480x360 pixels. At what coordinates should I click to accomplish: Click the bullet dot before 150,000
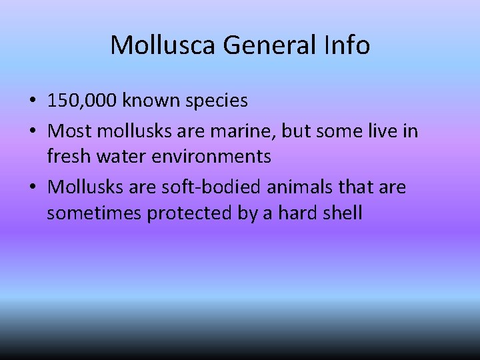tap(32, 101)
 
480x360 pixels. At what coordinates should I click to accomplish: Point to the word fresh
tap(67, 157)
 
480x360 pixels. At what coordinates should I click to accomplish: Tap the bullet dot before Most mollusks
tap(32, 131)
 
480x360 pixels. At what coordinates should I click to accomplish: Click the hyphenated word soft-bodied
tap(214, 187)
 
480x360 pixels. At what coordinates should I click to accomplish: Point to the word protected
tap(184, 214)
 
